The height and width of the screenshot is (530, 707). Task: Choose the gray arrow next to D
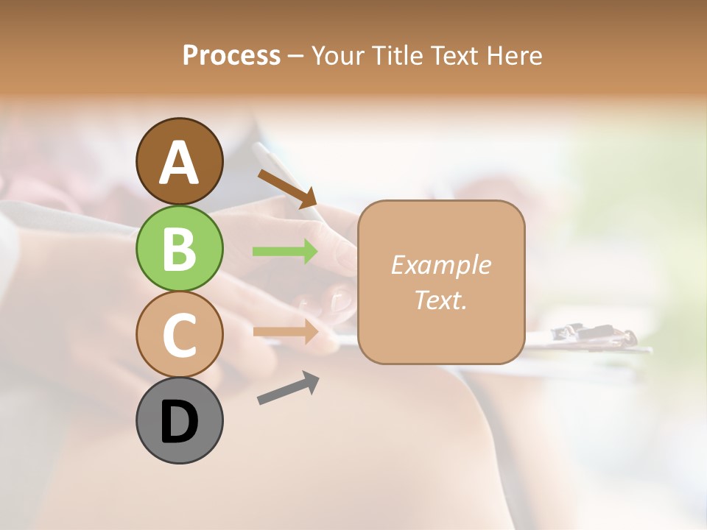click(288, 388)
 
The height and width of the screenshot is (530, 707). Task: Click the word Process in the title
click(231, 55)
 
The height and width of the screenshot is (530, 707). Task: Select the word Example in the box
click(440, 265)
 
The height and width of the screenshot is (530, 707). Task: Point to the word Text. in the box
click(440, 300)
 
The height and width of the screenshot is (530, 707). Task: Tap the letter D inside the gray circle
click(179, 422)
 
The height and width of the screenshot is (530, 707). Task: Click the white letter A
click(179, 163)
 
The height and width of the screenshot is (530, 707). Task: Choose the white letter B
click(179, 248)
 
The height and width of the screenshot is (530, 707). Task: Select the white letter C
click(179, 335)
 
